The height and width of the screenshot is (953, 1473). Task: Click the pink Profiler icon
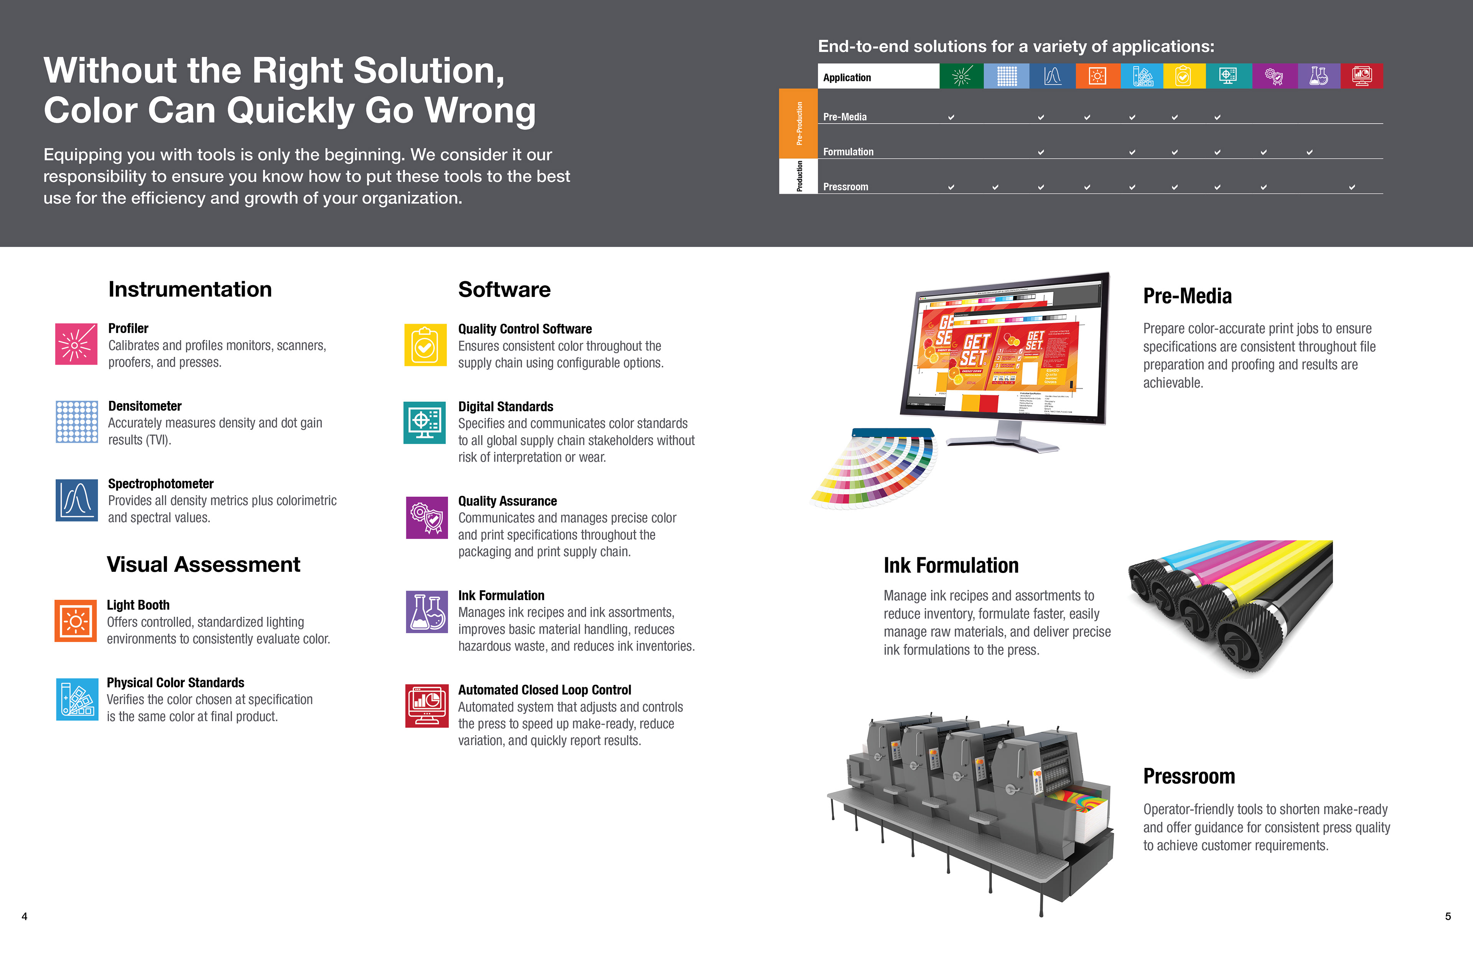click(76, 344)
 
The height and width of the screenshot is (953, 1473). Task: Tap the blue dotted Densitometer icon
click(77, 421)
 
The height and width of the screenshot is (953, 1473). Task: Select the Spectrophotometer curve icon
click(77, 500)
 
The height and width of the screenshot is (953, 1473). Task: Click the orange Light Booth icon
click(76, 621)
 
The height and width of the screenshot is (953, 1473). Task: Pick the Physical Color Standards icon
click(77, 699)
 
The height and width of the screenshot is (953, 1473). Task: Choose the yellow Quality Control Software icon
click(425, 345)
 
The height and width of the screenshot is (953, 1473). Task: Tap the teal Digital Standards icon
click(425, 423)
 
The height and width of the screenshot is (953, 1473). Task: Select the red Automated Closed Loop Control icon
click(427, 706)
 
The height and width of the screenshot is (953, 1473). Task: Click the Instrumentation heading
click(190, 289)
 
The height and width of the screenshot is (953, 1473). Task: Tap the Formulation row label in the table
click(848, 151)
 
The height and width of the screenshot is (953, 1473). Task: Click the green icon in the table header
click(961, 76)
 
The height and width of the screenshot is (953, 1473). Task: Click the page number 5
click(1448, 917)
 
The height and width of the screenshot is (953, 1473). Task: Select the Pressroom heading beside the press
click(1189, 776)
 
